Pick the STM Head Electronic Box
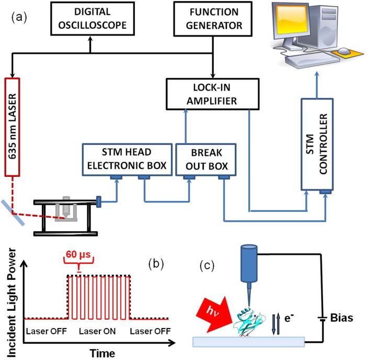pos(126,157)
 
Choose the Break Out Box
pos(205,157)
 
